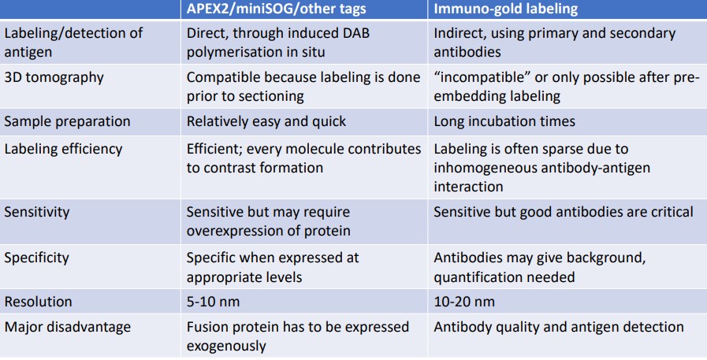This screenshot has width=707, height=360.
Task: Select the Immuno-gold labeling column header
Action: coord(504,10)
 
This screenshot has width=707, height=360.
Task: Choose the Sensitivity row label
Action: coord(35,212)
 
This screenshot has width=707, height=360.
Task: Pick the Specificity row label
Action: coord(36,257)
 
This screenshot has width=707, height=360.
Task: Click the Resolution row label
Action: coord(39,302)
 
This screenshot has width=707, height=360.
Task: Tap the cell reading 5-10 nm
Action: coord(212,302)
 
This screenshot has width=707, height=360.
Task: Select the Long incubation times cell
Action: coord(504,122)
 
